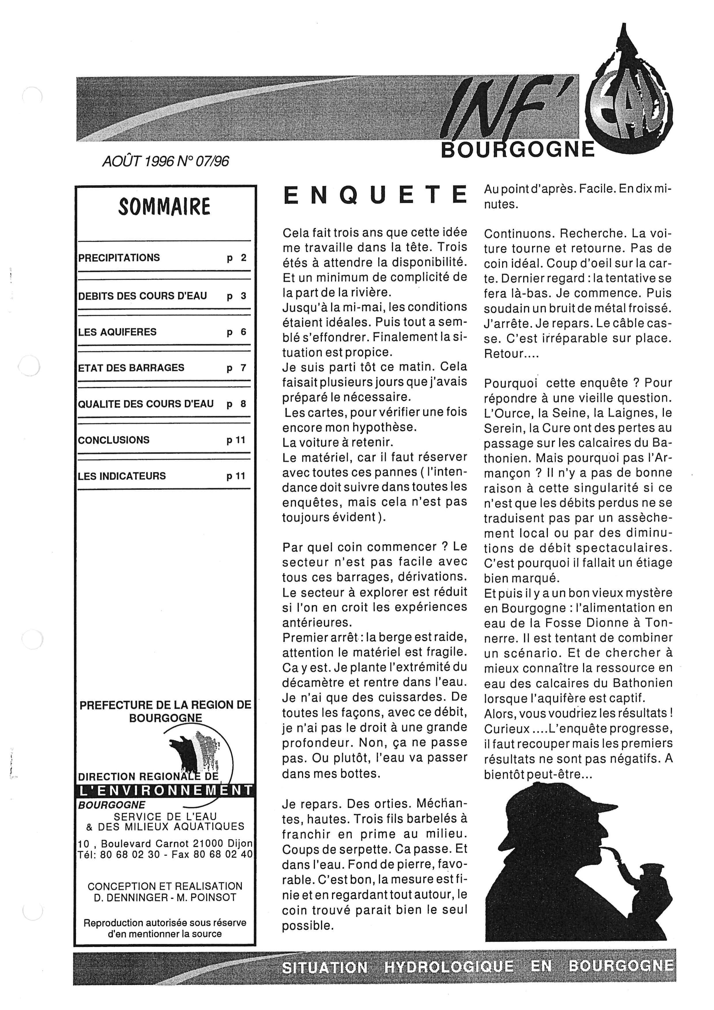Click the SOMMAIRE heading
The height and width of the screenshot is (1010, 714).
tap(164, 207)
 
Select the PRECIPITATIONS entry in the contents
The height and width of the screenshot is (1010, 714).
tap(119, 258)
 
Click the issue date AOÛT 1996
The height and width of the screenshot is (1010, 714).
tap(138, 162)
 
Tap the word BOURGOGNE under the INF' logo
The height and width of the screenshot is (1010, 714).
tap(517, 150)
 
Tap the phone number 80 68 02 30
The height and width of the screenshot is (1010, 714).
tap(130, 854)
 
